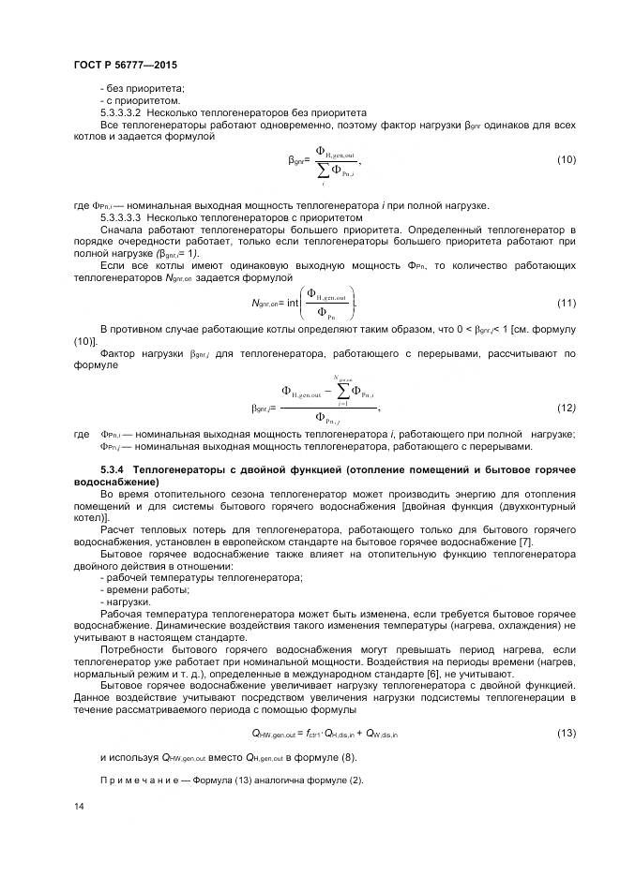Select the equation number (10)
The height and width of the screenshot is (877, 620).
(566, 160)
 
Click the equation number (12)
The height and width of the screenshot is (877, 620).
(566, 408)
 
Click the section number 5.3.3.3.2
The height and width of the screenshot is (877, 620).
(126, 112)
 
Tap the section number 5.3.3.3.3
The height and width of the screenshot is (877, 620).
(126, 217)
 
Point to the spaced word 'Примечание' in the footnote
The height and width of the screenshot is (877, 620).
(132, 780)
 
